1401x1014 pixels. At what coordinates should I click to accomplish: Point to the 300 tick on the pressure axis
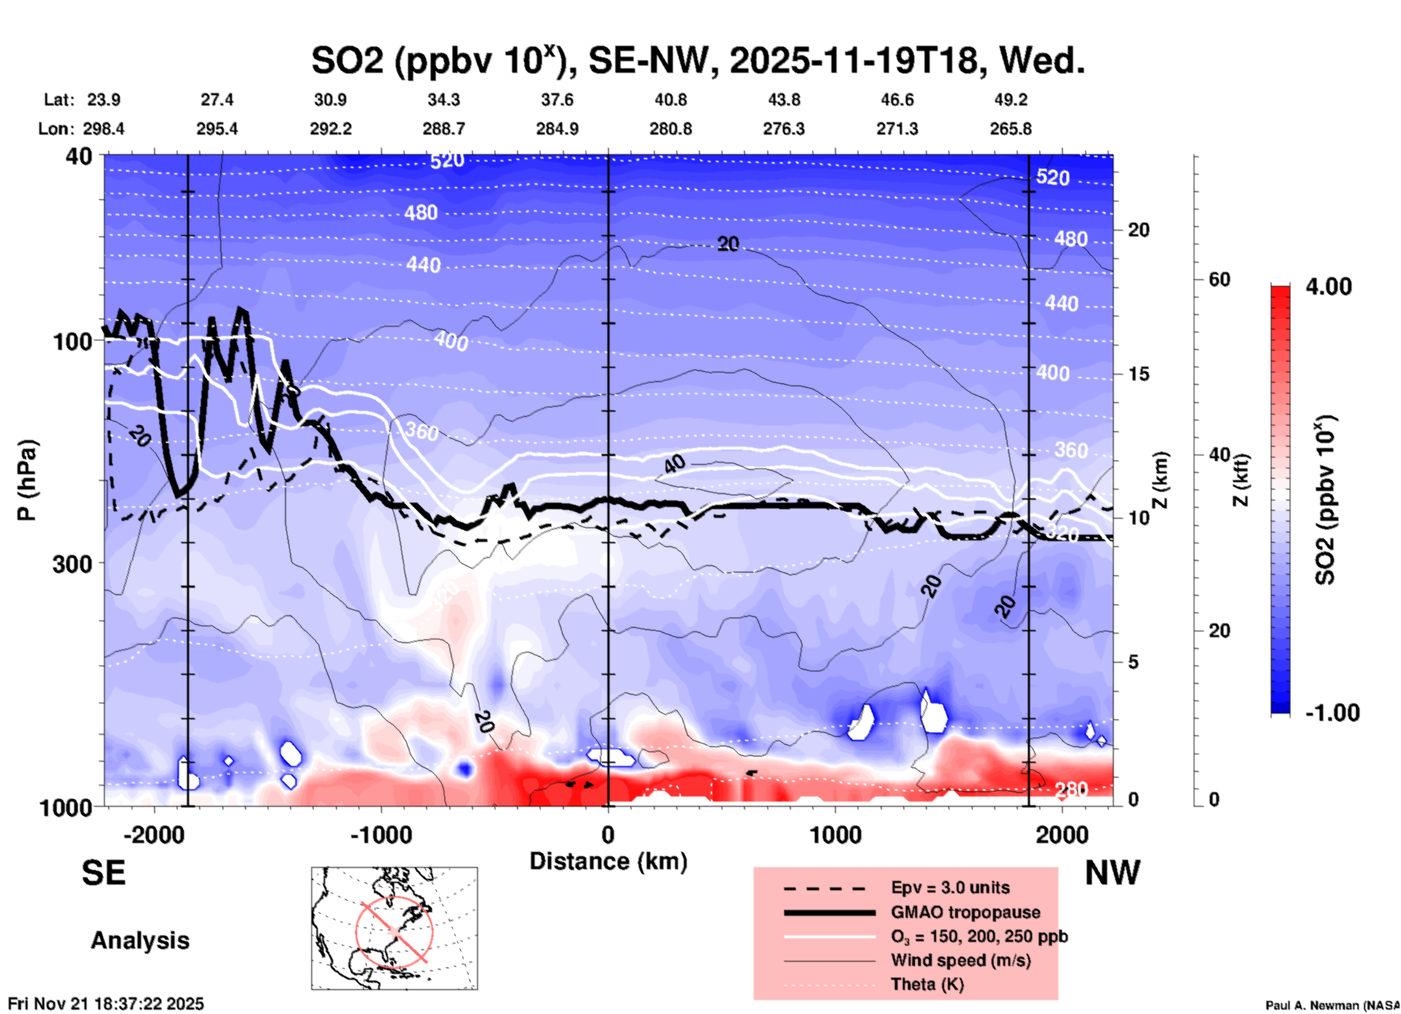72,564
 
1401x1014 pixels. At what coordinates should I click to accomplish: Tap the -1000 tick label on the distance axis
380,834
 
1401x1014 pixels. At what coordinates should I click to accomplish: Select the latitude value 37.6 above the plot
556,100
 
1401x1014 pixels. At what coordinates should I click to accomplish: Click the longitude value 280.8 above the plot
670,129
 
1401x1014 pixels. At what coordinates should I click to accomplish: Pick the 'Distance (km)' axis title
608,861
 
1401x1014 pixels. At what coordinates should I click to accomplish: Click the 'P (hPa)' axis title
27,479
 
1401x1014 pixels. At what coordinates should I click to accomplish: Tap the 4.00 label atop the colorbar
1328,287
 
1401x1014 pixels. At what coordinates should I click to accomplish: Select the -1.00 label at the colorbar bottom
1332,713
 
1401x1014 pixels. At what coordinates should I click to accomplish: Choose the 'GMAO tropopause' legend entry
965,912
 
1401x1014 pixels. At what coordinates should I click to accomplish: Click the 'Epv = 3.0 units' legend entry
949,887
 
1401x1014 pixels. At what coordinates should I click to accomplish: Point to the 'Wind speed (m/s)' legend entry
960,960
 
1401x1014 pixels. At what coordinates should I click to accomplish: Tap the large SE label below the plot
103,873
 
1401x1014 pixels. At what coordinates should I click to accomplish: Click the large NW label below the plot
1112,873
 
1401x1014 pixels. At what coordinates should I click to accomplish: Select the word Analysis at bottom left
140,941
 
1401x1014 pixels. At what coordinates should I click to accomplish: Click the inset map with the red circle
394,928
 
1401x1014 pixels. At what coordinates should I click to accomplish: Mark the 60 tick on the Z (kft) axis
1219,279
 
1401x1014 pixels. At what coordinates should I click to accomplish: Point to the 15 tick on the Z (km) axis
1138,374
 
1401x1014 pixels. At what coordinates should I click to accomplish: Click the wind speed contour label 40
674,463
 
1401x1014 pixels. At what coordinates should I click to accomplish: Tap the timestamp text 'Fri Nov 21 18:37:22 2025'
106,1004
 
